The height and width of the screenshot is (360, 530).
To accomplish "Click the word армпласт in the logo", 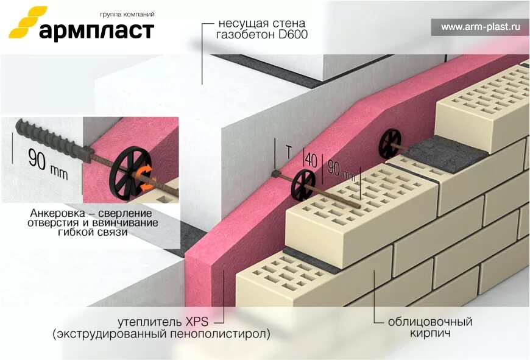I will click(96, 30).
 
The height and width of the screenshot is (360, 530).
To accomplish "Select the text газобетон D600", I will click(262, 35).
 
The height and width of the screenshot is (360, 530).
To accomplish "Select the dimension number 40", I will click(311, 160).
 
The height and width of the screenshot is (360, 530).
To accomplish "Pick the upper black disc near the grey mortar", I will click(390, 143).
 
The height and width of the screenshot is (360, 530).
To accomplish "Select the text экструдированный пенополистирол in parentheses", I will click(161, 334).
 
